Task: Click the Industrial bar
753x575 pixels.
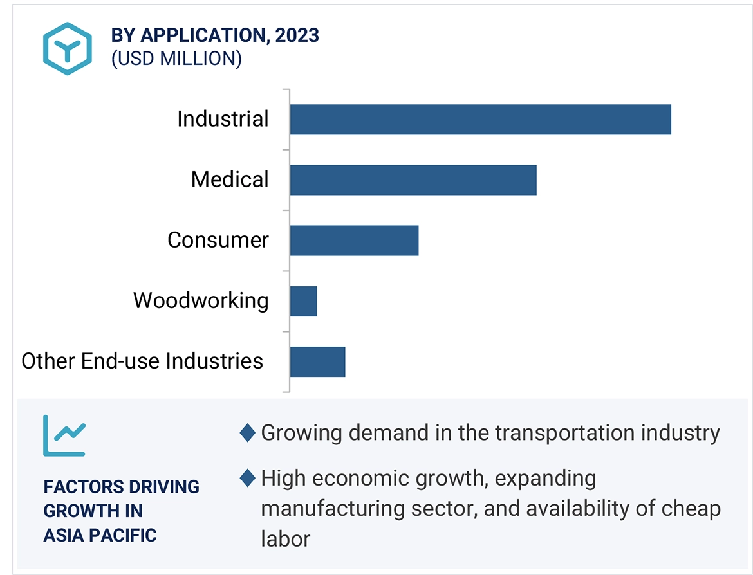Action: [480, 120]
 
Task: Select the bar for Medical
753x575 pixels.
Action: [413, 179]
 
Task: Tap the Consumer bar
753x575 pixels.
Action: [354, 240]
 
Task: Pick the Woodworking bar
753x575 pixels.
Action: [303, 301]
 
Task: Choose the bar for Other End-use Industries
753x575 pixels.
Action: [317, 361]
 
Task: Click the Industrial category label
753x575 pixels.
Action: [223, 119]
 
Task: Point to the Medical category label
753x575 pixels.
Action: [230, 179]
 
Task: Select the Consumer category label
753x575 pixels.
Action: [218, 240]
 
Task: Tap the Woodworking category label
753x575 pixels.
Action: [201, 300]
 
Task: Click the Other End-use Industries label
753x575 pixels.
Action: [142, 361]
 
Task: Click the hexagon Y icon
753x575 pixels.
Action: [67, 48]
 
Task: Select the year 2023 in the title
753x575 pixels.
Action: [297, 35]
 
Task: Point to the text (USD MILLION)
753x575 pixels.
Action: [176, 59]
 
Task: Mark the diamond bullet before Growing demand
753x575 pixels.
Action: [247, 433]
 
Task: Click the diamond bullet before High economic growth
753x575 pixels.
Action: [247, 479]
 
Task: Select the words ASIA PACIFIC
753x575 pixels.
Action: [100, 535]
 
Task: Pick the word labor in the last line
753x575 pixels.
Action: [285, 538]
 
